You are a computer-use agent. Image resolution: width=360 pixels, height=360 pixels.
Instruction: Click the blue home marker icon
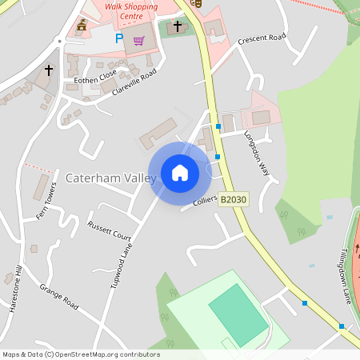[x=180, y=173]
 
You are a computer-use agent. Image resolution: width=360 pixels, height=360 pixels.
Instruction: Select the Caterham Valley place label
[x=110, y=178]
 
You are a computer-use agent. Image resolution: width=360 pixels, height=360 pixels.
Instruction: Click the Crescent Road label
[x=262, y=38]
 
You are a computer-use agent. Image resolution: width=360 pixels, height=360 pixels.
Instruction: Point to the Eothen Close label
[x=95, y=80]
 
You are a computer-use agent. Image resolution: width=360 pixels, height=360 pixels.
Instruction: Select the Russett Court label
[x=110, y=231]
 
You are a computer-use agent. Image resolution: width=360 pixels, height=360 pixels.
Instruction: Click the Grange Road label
[x=59, y=298]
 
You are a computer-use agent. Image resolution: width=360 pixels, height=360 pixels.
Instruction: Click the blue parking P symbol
[x=119, y=38]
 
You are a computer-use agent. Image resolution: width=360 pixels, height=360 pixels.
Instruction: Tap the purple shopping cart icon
[x=138, y=41]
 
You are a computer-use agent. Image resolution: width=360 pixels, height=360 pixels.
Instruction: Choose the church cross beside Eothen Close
[x=48, y=70]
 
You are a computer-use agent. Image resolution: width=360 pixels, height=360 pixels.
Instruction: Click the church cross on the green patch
[x=178, y=26]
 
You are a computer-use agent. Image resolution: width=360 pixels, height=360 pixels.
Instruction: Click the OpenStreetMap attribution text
[x=81, y=354]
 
